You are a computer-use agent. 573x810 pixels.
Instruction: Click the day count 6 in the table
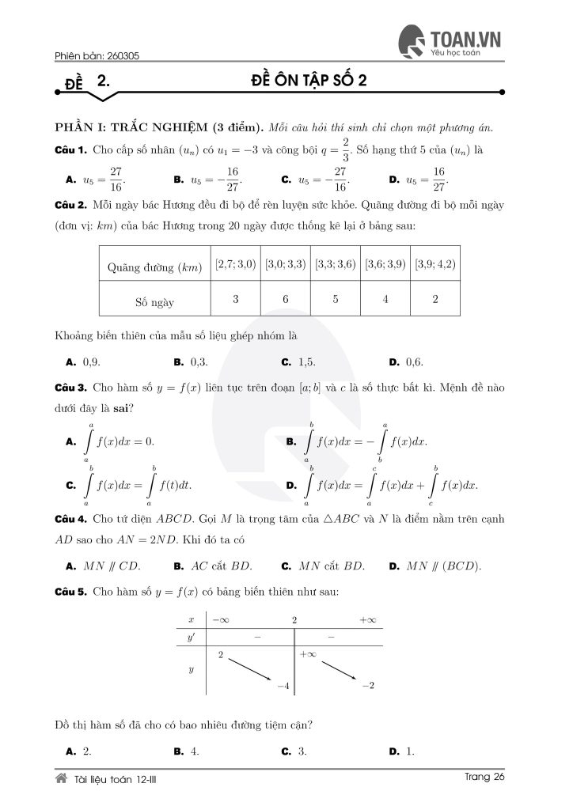286,300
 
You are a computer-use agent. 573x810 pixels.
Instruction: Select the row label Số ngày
155,301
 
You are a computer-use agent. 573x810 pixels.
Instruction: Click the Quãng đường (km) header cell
155,267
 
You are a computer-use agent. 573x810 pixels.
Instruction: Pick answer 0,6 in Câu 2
414,361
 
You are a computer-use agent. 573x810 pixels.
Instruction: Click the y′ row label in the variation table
191,637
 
